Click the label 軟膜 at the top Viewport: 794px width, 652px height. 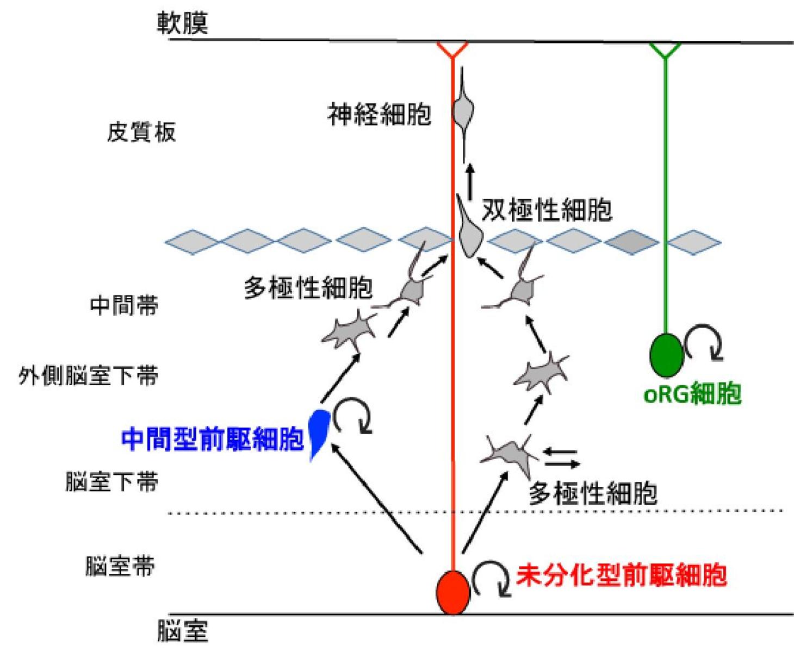point(182,23)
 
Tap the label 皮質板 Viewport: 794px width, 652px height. point(141,132)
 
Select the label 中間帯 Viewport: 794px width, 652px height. point(124,306)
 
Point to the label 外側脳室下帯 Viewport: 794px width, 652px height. point(88,376)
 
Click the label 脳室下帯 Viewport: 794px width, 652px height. point(111,481)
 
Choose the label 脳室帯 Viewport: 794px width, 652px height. point(120,566)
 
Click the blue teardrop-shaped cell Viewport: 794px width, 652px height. point(318,429)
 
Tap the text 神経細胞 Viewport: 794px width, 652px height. point(379,115)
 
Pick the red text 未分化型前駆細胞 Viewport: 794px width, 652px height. point(621,575)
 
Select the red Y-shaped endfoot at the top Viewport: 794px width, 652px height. point(452,50)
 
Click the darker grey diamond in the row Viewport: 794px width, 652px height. point(632,241)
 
